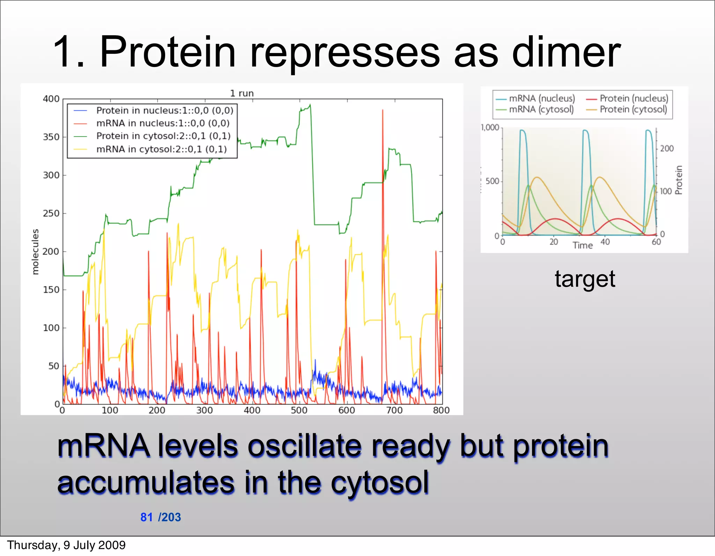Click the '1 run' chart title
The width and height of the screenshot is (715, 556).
click(x=242, y=93)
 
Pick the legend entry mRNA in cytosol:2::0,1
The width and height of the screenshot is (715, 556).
click(x=162, y=149)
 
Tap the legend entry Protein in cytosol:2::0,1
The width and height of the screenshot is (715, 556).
click(x=163, y=136)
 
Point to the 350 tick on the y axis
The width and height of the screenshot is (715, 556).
click(x=51, y=137)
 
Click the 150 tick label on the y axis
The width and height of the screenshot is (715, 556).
click(x=51, y=290)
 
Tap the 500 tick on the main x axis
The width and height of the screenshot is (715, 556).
click(x=299, y=410)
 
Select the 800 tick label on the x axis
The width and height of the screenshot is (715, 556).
click(x=441, y=410)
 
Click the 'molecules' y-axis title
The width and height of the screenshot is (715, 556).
click(x=35, y=252)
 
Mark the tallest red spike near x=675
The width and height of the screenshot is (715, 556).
click(x=383, y=111)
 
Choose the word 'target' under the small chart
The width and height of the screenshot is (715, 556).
click(x=585, y=279)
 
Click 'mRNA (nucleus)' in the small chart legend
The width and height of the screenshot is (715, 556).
click(x=541, y=98)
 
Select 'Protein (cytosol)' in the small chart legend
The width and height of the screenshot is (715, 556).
click(x=633, y=110)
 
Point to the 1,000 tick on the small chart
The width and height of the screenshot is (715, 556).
click(x=490, y=127)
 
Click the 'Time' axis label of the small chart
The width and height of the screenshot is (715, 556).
click(x=582, y=245)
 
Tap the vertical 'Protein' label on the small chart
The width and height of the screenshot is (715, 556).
click(x=678, y=180)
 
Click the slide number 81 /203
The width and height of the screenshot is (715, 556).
click(x=161, y=517)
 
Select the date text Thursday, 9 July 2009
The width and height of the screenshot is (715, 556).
click(x=66, y=545)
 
